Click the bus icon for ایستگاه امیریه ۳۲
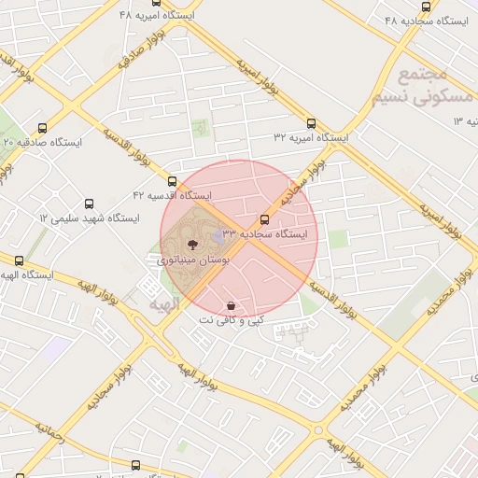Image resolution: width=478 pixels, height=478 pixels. [x=311, y=122]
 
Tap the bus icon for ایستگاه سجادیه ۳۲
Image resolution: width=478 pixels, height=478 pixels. [x=264, y=220]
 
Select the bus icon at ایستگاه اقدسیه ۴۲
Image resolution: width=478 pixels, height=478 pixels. [x=172, y=181]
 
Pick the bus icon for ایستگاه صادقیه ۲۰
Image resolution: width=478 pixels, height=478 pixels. [x=41, y=128]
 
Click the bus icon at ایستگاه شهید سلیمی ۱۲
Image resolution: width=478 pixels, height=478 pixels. [x=90, y=204]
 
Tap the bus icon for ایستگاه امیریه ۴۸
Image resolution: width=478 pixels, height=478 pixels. [x=157, y=3]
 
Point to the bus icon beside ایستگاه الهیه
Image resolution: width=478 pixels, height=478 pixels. [x=18, y=260]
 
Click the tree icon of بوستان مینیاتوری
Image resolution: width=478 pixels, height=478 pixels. [x=190, y=242]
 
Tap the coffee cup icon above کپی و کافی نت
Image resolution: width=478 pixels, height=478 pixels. [x=231, y=305]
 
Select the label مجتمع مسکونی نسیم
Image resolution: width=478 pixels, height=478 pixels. [x=410, y=85]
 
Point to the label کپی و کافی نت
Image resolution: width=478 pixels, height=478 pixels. [x=231, y=320]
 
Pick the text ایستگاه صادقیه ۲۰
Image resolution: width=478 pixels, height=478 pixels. [x=43, y=142]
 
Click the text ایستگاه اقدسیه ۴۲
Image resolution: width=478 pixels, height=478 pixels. [x=173, y=196]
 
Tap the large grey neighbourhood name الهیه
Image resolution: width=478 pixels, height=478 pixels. [x=156, y=303]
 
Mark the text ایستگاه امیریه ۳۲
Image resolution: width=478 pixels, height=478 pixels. [x=311, y=137]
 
